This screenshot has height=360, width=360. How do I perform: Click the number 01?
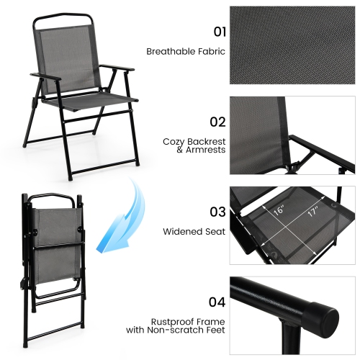[x=217, y=32]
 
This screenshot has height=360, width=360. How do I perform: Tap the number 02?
[x=217, y=122]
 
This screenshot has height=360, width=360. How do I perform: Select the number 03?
[x=217, y=212]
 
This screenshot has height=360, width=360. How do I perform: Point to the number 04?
[x=217, y=302]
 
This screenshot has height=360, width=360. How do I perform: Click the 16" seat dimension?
[x=279, y=211]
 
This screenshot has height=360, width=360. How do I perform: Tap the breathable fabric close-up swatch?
[x=292, y=46]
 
